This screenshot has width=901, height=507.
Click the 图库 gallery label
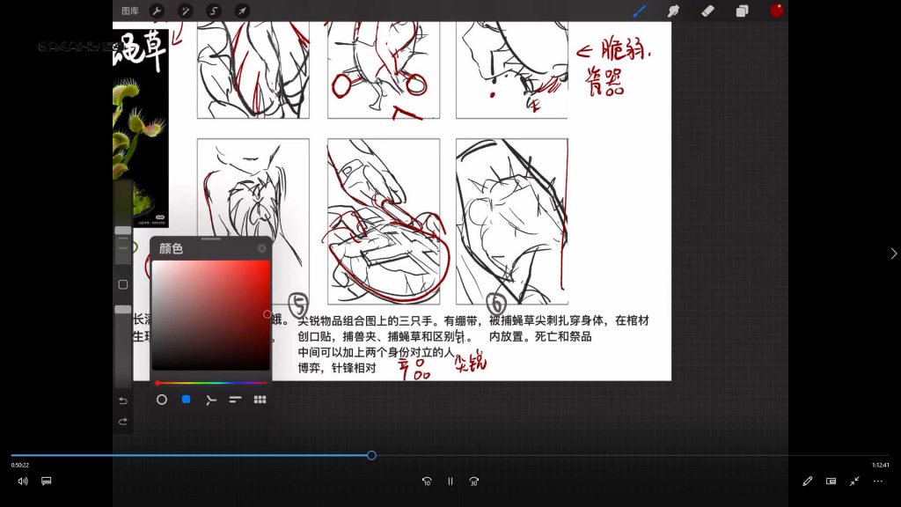(x=130, y=11)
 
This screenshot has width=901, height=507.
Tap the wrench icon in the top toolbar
(x=157, y=11)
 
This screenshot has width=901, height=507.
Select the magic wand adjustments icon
(x=185, y=11)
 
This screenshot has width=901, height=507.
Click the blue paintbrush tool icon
(x=640, y=11)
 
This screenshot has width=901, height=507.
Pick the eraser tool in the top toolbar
(x=707, y=11)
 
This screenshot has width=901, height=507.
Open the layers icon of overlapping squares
(x=742, y=11)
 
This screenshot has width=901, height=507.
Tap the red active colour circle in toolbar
(x=777, y=11)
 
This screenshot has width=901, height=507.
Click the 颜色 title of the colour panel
(x=171, y=249)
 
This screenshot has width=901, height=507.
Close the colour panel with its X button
(x=261, y=249)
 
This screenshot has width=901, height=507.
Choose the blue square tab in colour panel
(x=186, y=400)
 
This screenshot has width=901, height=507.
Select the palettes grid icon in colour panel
(x=260, y=400)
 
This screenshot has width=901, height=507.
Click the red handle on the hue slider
(x=157, y=383)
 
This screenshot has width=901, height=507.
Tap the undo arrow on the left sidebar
(x=123, y=400)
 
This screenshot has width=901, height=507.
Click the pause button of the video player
(x=450, y=481)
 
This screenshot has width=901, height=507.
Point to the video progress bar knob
(x=371, y=455)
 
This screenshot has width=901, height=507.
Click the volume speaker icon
(x=23, y=481)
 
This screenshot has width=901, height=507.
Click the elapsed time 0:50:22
(x=20, y=465)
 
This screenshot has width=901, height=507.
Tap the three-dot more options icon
(x=877, y=481)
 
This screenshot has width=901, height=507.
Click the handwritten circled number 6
(x=496, y=304)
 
